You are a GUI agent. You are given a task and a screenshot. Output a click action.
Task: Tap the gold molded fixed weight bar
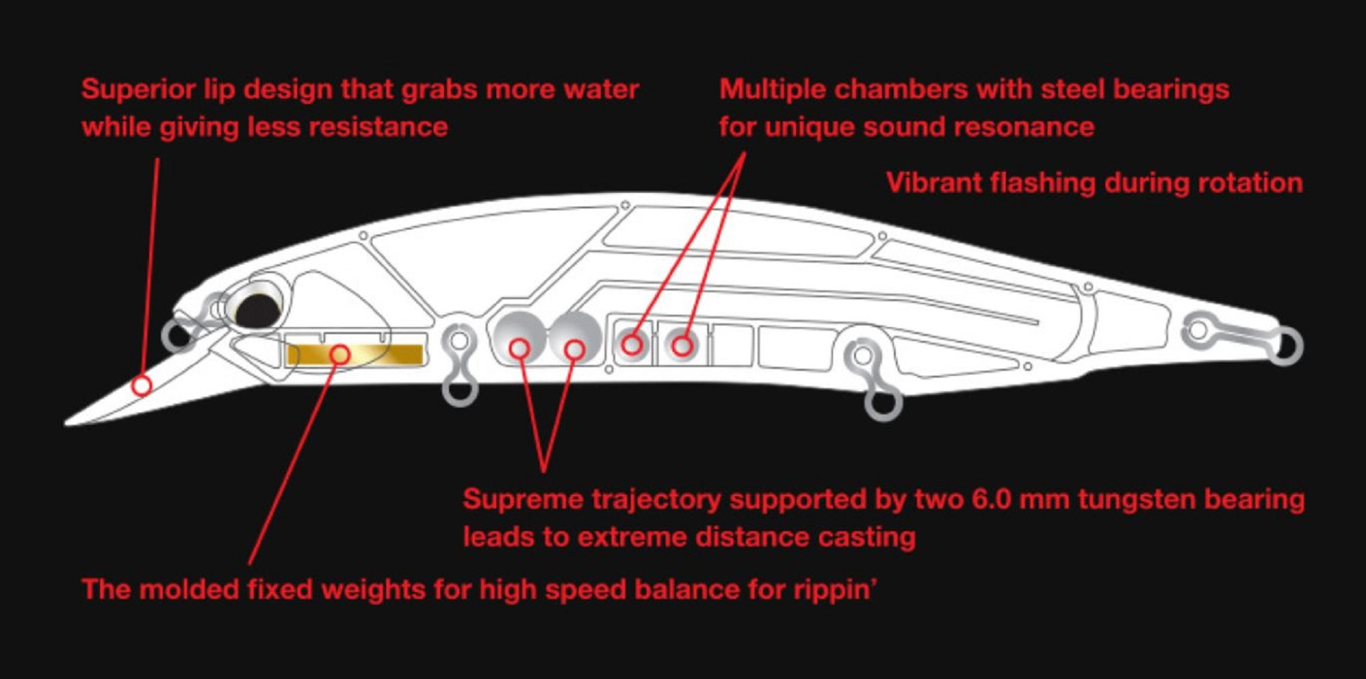click(x=355, y=355)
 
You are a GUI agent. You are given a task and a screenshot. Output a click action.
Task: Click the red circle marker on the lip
click(x=141, y=386)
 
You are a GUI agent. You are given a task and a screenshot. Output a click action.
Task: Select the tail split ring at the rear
click(x=1286, y=346)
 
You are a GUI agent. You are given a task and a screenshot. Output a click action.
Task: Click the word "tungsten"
click(x=1137, y=500)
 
